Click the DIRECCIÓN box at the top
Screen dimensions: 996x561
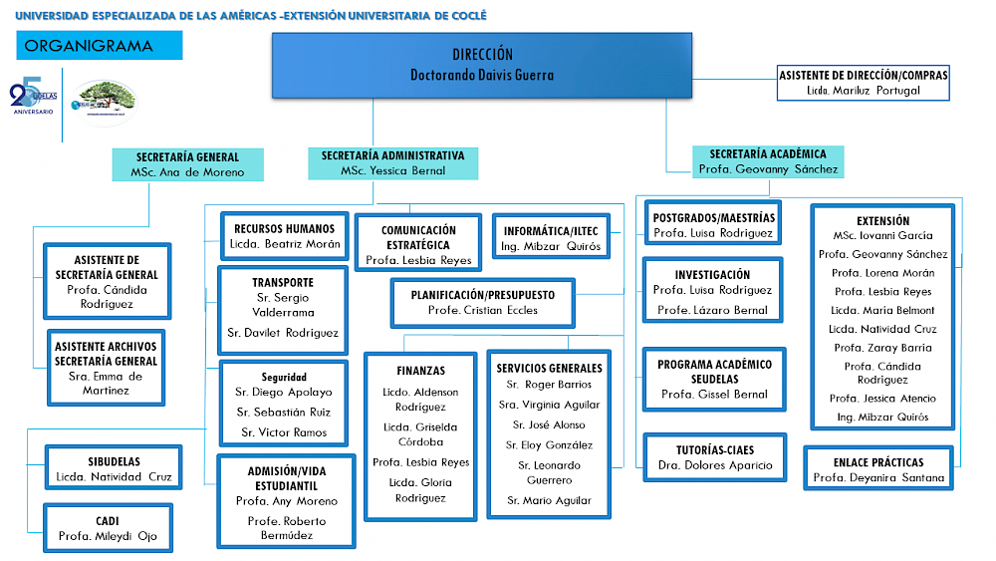(482, 66)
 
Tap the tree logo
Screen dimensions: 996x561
(105, 103)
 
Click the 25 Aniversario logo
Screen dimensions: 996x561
(33, 96)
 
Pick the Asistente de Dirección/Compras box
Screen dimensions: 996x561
(864, 83)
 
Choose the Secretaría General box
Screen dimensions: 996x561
(187, 164)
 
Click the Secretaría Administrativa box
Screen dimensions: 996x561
(392, 163)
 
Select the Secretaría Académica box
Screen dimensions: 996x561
(768, 161)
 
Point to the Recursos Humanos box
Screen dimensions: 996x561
(285, 236)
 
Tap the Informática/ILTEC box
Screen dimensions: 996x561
(551, 236)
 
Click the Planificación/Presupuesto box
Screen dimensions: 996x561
(483, 302)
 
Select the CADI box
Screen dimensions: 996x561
(108, 528)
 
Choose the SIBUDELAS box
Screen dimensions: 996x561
(114, 467)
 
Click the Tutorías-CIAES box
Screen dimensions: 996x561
(714, 457)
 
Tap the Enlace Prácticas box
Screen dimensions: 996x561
(878, 468)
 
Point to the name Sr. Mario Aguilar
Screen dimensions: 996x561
(549, 500)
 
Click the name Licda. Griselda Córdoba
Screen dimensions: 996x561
(420, 434)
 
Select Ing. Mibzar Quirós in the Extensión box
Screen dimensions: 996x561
(882, 418)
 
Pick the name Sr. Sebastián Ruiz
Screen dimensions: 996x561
(283, 413)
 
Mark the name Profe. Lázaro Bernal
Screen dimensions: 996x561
(712, 310)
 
